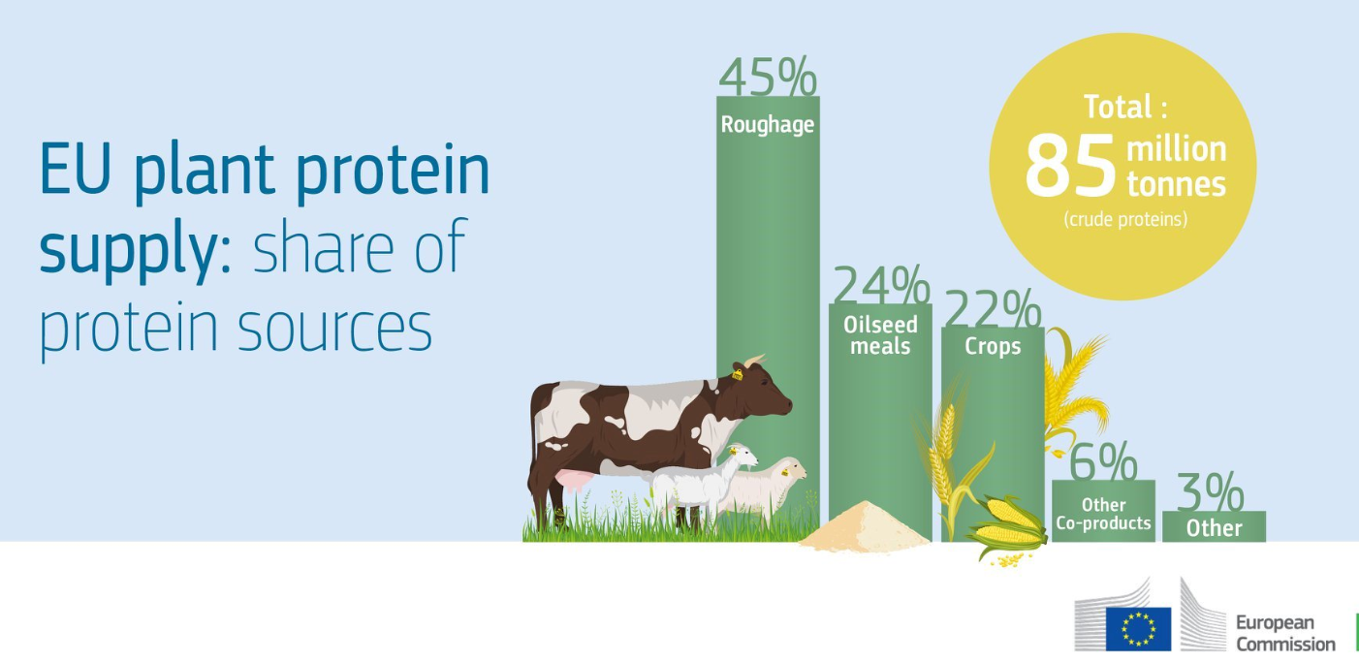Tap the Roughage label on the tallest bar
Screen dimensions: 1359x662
[x=768, y=125]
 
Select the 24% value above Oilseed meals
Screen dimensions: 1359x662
[x=881, y=284]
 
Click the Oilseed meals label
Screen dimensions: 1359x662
[x=880, y=335]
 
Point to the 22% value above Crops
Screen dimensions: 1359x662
[x=994, y=308]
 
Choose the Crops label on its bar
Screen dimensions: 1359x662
[x=993, y=346]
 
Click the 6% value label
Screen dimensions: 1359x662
[x=1103, y=461]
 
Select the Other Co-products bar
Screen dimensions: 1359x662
[x=1103, y=511]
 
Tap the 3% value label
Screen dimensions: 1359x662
[x=1211, y=492]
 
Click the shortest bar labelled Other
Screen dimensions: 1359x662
[x=1214, y=526]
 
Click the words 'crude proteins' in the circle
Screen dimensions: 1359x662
[x=1125, y=219]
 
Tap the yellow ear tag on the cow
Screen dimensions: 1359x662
[x=737, y=374]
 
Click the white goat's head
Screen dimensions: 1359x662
[x=743, y=456]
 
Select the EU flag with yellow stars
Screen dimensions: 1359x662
[x=1138, y=629]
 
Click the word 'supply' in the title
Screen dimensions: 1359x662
[x=127, y=251]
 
